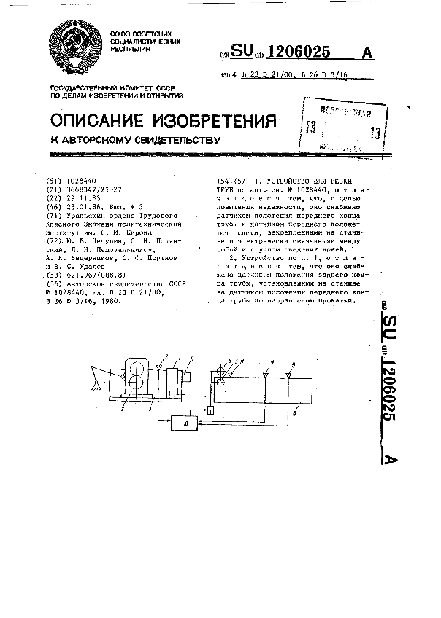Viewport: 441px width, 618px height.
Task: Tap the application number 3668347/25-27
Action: point(94,189)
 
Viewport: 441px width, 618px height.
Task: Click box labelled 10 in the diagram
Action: point(183,422)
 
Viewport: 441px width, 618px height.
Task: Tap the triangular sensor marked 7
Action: point(266,372)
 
